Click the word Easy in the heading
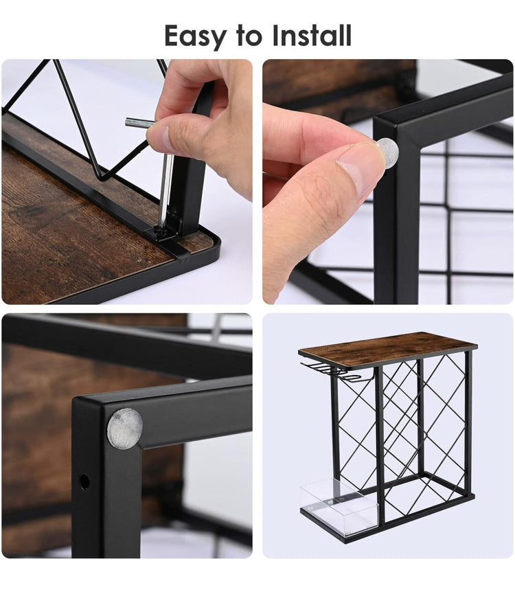[196, 36]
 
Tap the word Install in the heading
[312, 36]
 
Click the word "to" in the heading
[249, 36]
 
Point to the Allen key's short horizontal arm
[139, 122]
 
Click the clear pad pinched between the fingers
[387, 153]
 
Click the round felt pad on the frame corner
[124, 429]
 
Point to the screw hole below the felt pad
[84, 481]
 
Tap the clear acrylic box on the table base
[339, 507]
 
